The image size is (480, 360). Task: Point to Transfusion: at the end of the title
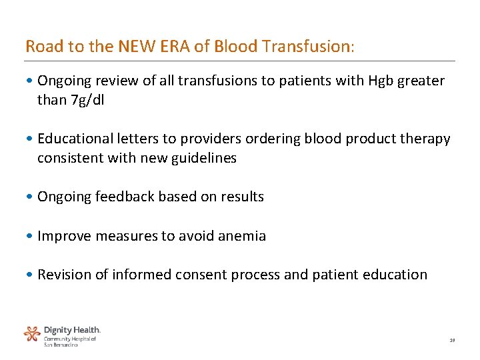(x=309, y=47)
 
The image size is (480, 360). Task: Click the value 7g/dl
(x=87, y=100)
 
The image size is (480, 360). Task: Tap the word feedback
(x=123, y=197)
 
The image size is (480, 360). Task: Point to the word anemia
(x=242, y=236)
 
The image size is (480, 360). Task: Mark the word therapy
(x=427, y=139)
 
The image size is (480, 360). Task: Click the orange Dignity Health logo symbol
(x=32, y=333)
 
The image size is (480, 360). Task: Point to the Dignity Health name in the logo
(x=72, y=330)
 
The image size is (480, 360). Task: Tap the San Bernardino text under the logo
(x=61, y=345)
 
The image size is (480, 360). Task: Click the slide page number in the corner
(x=451, y=340)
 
